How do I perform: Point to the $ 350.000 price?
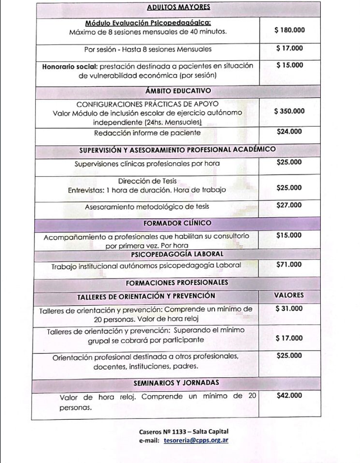click(289, 111)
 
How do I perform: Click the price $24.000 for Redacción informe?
click(289, 131)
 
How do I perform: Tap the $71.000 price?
click(289, 264)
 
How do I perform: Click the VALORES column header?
click(289, 295)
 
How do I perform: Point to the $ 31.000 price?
click(289, 308)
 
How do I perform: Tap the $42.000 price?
click(289, 396)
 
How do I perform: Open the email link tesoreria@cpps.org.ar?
click(196, 441)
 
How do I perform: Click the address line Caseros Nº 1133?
click(183, 432)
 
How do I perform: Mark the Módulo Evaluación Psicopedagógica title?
click(148, 23)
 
